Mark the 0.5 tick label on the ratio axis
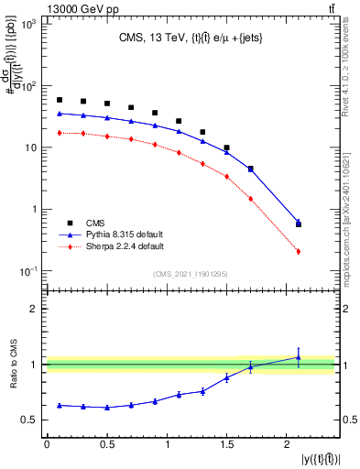click(30, 420)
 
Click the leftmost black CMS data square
click(60, 100)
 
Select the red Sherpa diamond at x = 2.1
click(299, 251)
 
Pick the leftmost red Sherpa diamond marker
click(60, 133)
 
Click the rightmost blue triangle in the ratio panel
click(299, 357)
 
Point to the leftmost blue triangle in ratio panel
click(60, 405)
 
